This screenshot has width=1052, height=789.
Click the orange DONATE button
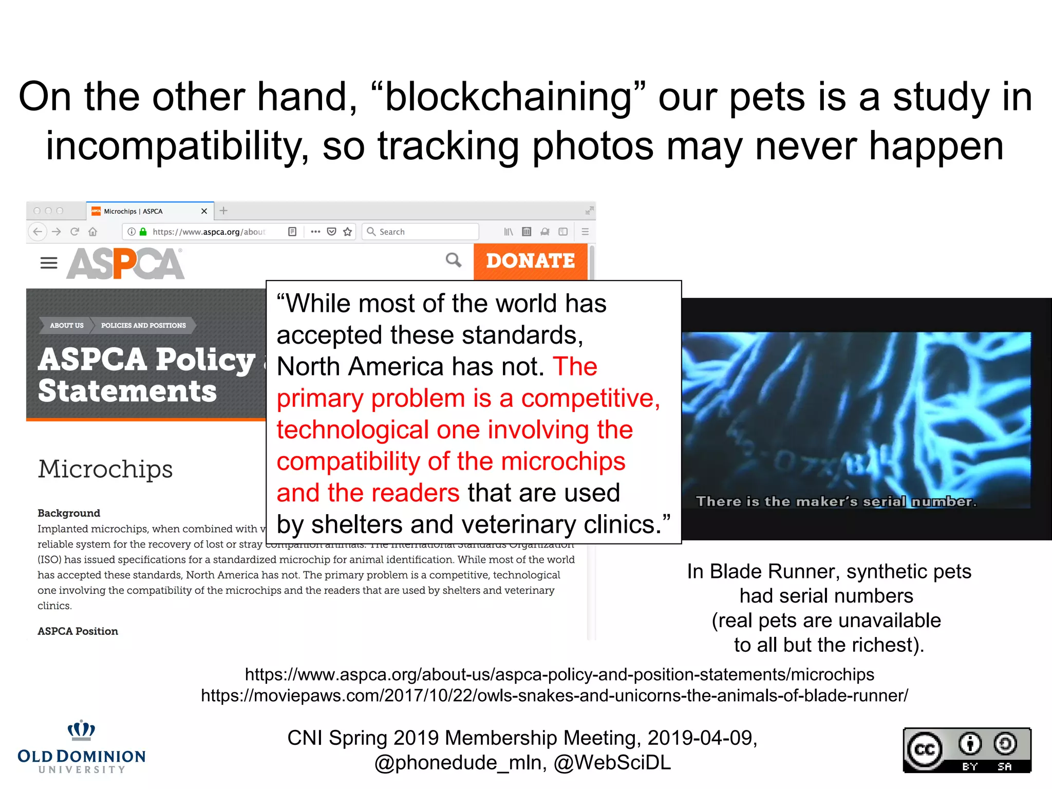(530, 261)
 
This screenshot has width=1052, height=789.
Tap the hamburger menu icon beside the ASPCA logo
(49, 263)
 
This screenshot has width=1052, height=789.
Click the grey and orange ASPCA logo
(125, 264)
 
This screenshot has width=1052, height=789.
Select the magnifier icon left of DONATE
(453, 260)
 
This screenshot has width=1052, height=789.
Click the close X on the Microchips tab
(204, 211)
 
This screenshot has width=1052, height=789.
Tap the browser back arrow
(37, 232)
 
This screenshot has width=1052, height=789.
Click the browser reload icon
(74, 232)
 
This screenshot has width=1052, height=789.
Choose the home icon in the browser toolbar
(93, 232)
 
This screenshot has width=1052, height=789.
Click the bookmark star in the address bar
(348, 232)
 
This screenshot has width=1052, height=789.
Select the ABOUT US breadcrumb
(66, 325)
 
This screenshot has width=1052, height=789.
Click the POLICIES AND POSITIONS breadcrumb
(143, 325)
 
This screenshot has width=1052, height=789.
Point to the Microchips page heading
(105, 469)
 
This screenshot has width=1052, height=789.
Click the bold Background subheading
(69, 513)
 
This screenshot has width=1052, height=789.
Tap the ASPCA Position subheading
(78, 631)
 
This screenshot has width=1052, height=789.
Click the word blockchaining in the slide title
(508, 97)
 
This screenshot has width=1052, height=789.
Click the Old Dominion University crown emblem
(81, 730)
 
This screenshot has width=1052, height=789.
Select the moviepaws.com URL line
(554, 696)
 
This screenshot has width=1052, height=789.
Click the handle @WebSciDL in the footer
(612, 763)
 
